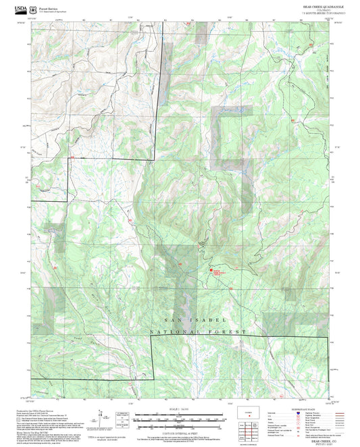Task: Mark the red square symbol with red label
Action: pyautogui.click(x=211, y=269)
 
